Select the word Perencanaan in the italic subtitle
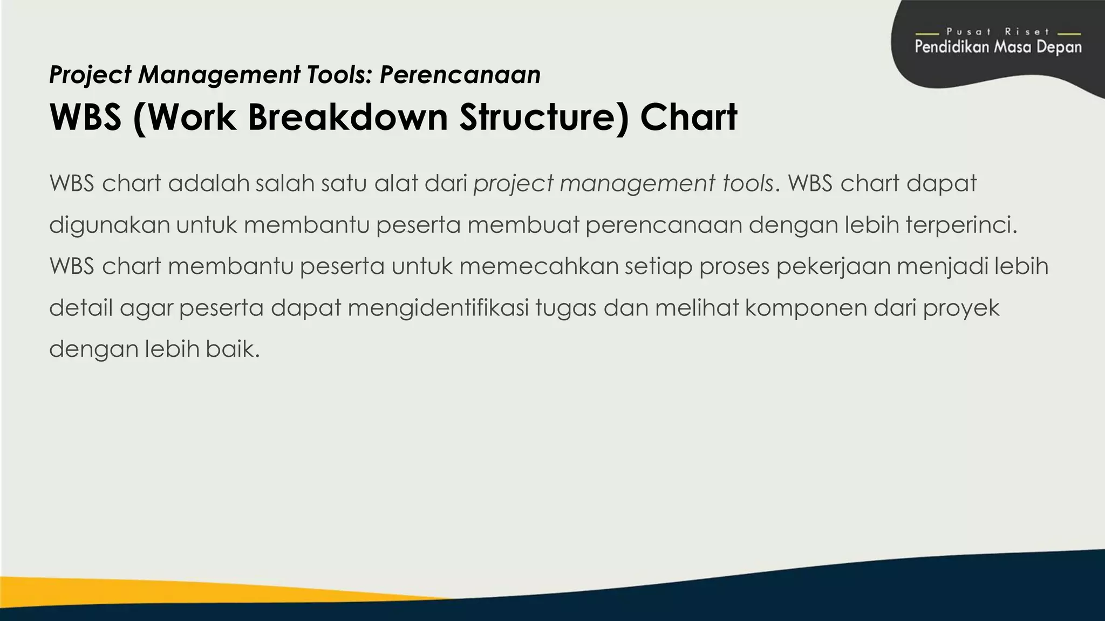coord(460,74)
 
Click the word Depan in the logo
coord(1058,47)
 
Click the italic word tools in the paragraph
coord(748,183)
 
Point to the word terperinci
coord(961,225)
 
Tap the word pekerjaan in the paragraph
coord(833,266)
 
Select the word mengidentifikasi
coord(438,308)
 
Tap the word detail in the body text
coord(80,308)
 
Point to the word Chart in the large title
coord(688,117)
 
